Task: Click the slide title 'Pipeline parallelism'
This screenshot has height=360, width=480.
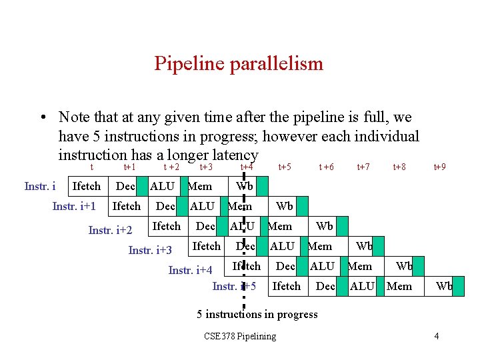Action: tap(239, 63)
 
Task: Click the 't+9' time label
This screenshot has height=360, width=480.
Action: tap(440, 167)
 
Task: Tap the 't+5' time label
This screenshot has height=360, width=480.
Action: tap(285, 167)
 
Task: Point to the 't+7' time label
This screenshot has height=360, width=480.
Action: tap(363, 167)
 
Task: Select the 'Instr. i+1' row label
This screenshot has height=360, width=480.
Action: tap(75, 207)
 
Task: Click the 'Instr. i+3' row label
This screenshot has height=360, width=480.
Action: tap(150, 251)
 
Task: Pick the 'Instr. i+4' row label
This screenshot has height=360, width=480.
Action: tap(190, 270)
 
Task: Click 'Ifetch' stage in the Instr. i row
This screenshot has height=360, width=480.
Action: tap(86, 187)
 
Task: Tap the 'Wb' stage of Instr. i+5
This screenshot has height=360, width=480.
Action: tap(444, 287)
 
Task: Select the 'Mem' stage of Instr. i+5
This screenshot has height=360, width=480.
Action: tap(399, 287)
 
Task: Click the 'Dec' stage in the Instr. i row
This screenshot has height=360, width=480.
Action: tap(125, 187)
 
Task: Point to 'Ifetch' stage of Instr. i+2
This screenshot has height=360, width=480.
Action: tap(166, 227)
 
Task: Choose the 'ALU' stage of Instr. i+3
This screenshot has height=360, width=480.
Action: tap(282, 247)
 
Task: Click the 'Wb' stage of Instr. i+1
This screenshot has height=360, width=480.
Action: tap(285, 207)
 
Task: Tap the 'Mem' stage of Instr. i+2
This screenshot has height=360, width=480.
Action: tap(280, 227)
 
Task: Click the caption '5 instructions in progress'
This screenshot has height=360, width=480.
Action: tap(257, 314)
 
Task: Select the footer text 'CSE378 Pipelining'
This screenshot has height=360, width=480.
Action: tap(239, 336)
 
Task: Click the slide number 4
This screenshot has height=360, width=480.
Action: tap(436, 336)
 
